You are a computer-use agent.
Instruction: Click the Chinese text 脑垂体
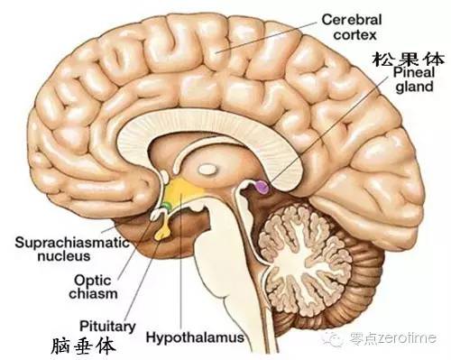tap(82, 344)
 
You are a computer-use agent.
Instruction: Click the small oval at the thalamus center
tap(206, 166)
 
